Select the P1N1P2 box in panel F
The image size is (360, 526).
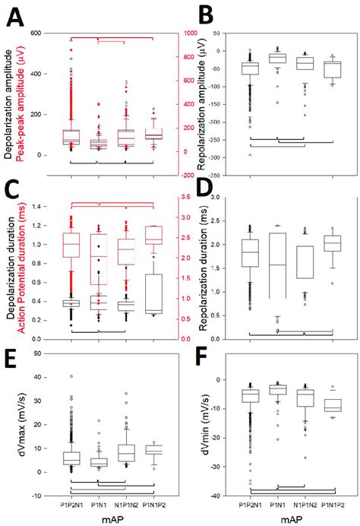[x=334, y=404]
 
